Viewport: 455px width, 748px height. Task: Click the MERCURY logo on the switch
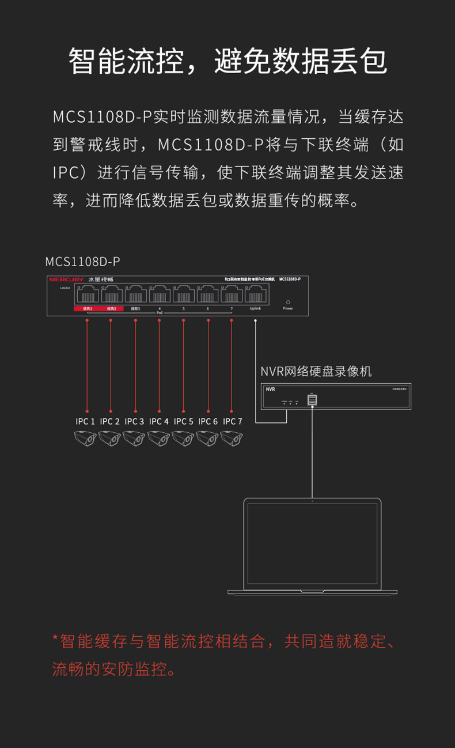point(66,279)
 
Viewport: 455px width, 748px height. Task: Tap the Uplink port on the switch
point(256,295)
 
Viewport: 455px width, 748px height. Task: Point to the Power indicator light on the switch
point(288,302)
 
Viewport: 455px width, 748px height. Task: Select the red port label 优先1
point(87,309)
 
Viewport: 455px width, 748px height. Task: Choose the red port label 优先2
point(111,309)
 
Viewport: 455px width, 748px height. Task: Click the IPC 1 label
point(85,421)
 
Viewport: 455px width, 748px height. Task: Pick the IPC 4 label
point(159,421)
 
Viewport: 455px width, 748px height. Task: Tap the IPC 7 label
point(232,421)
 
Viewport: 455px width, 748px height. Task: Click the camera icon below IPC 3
point(134,439)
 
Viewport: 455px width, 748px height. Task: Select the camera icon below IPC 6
point(207,439)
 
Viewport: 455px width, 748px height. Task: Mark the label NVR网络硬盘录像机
point(316,372)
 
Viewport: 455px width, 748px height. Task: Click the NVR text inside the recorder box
point(271,390)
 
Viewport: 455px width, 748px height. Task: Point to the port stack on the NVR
point(312,399)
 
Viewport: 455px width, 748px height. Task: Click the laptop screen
point(312,543)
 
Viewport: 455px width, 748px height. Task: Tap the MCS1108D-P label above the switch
point(82,262)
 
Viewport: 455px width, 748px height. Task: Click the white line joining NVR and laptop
point(312,449)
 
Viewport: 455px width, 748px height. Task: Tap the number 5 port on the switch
point(184,295)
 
